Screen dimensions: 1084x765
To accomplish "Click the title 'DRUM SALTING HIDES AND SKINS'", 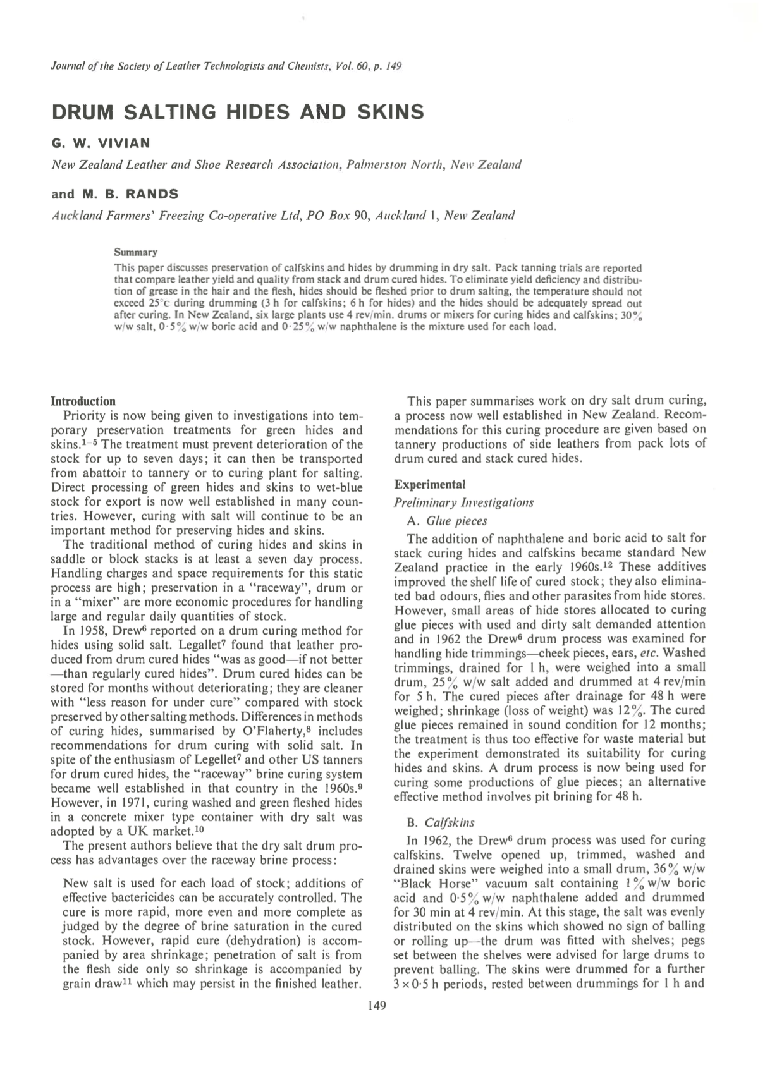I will click(x=237, y=112).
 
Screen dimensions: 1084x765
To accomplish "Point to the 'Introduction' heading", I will click(x=83, y=401).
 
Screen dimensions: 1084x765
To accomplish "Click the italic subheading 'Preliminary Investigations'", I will click(x=463, y=502).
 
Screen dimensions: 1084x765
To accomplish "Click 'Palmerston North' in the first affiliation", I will click(x=398, y=165).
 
